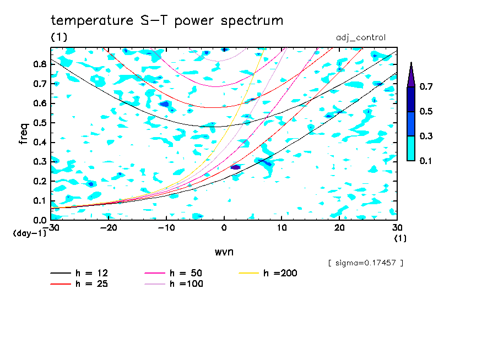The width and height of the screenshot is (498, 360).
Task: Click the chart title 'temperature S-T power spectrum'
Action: pyautogui.click(x=167, y=21)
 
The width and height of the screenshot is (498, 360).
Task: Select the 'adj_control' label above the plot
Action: pyautogui.click(x=360, y=37)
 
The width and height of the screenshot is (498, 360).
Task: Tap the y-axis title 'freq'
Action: pyautogui.click(x=24, y=133)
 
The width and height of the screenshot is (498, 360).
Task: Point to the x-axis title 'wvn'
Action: pyautogui.click(x=224, y=252)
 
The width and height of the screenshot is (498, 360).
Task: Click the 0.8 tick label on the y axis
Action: pyautogui.click(x=39, y=64)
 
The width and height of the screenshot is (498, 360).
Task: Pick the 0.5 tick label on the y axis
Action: pyautogui.click(x=39, y=123)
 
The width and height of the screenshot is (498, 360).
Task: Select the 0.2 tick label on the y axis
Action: pyautogui.click(x=39, y=181)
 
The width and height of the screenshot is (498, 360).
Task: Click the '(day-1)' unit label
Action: pyautogui.click(x=29, y=234)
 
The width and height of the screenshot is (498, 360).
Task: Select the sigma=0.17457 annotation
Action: pyautogui.click(x=366, y=263)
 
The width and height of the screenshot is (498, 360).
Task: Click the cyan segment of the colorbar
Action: pyautogui.click(x=410, y=148)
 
